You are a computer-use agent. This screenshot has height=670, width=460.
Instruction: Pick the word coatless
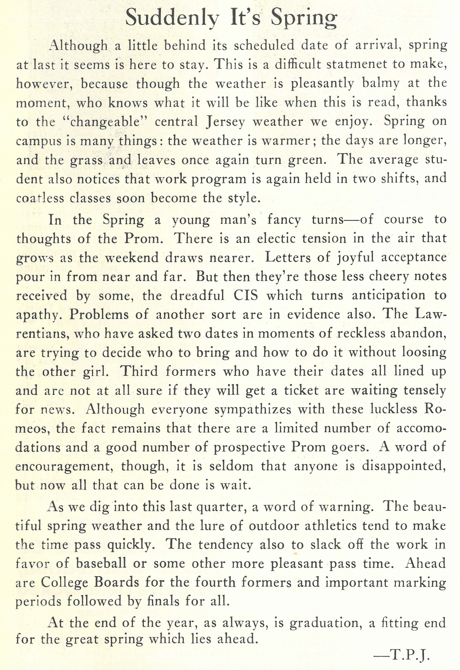point(40,198)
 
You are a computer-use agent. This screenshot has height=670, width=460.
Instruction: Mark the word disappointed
point(403,466)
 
